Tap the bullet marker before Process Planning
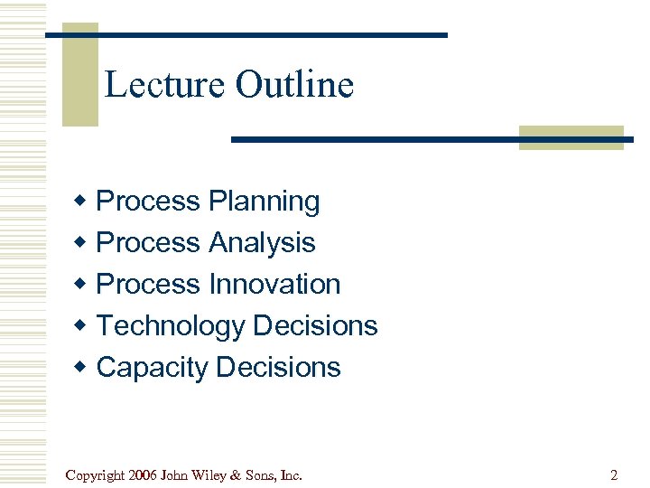[x=81, y=201]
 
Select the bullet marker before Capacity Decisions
[x=81, y=367]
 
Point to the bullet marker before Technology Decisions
[x=81, y=325]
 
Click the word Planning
[x=264, y=202]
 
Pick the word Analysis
[x=262, y=242]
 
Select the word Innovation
[x=274, y=284]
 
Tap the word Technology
[x=171, y=325]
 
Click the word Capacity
[x=152, y=367]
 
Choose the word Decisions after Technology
[x=315, y=325]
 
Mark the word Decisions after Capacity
[x=279, y=367]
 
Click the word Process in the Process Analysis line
[x=148, y=242]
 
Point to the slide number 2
[x=614, y=474]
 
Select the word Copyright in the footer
[x=96, y=474]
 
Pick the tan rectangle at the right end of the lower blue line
[x=571, y=137]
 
